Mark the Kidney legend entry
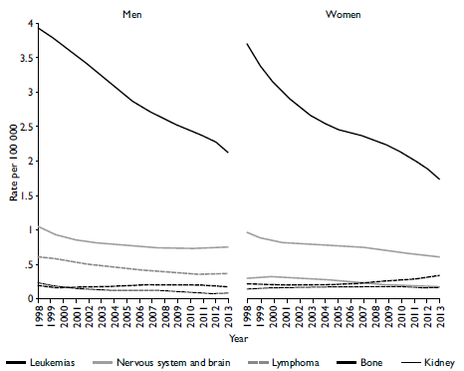pos(439,362)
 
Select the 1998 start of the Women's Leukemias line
pos(246,44)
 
